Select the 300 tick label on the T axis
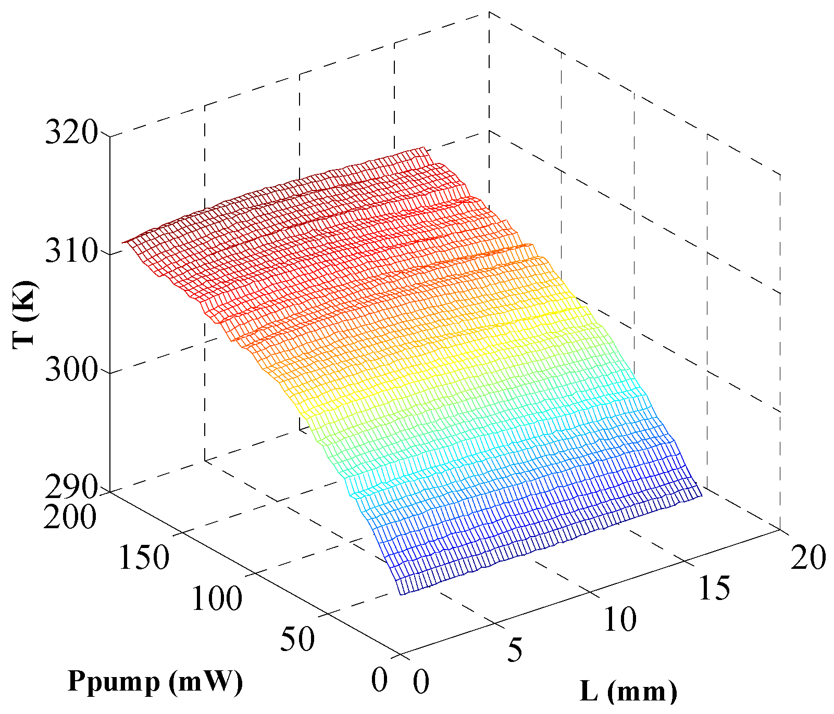click(x=71, y=371)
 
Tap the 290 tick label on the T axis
click(x=71, y=488)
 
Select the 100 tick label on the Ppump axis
click(x=217, y=598)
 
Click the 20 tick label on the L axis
click(x=808, y=557)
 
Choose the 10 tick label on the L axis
click(x=620, y=619)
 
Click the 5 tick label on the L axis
click(x=515, y=650)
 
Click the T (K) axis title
click(x=24, y=314)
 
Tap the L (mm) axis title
click(x=629, y=692)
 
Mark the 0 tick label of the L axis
click(x=421, y=682)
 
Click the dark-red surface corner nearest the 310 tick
click(x=123, y=243)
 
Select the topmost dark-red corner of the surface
click(x=425, y=148)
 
